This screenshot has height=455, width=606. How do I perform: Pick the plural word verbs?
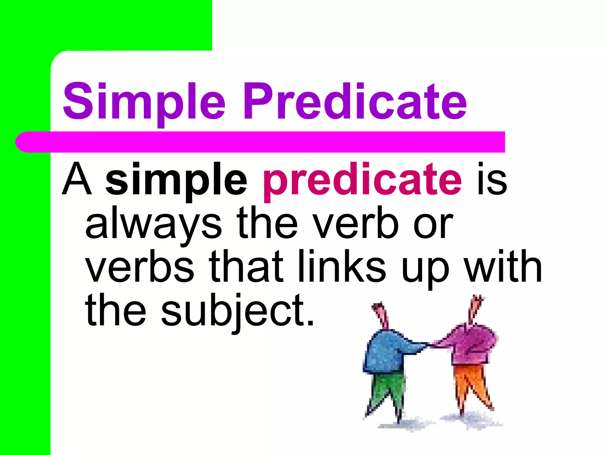[x=140, y=267]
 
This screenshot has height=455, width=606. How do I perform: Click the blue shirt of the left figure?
[x=385, y=353]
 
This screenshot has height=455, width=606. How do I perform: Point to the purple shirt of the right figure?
[x=470, y=344]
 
